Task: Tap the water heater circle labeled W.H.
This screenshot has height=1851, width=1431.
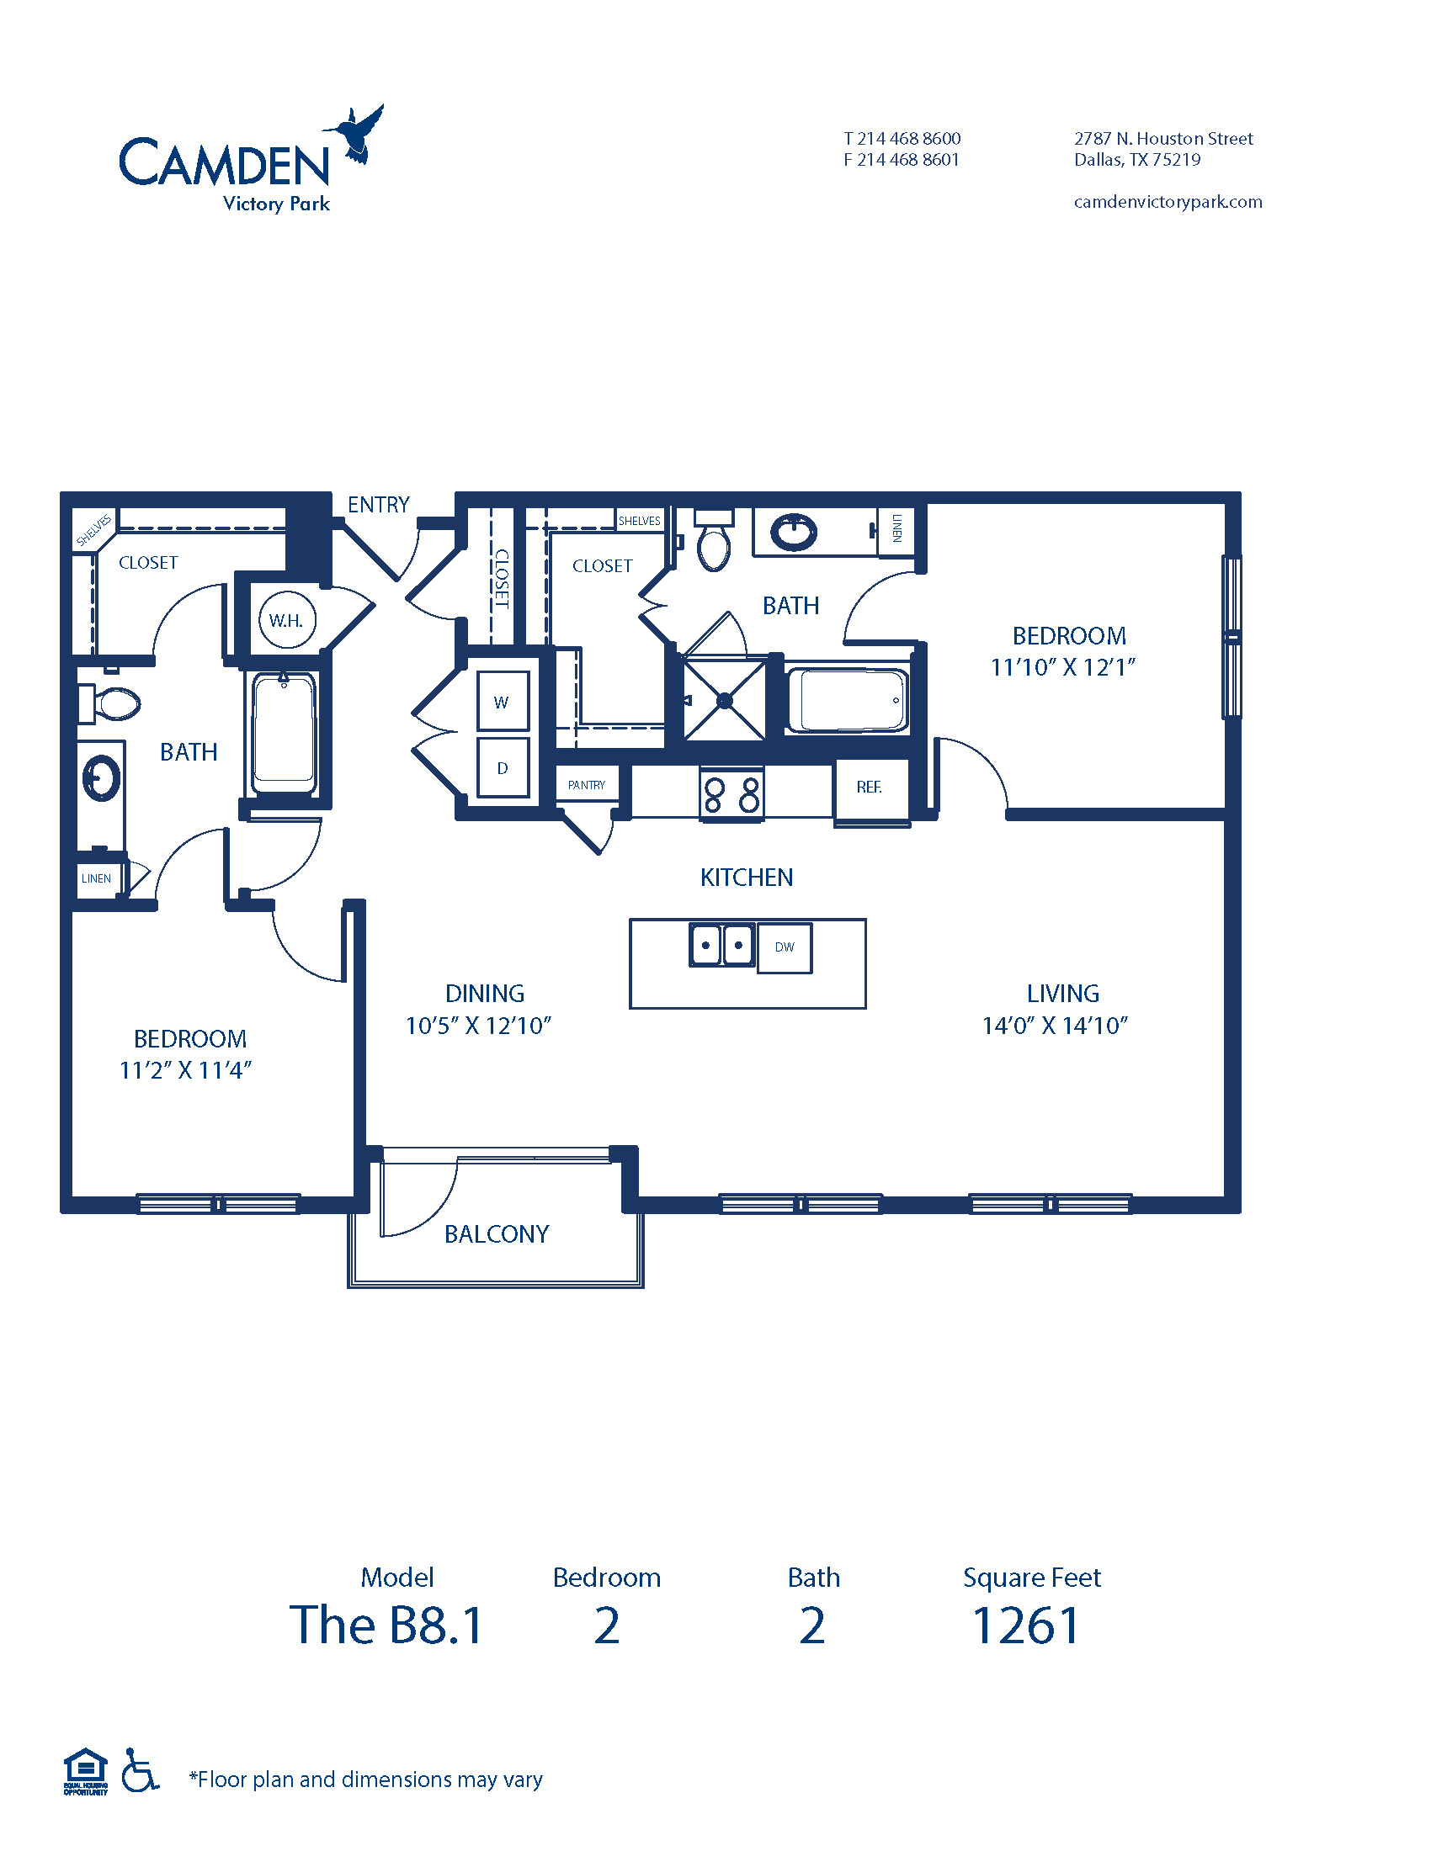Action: pos(287,619)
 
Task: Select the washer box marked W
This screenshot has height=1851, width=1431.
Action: pos(503,701)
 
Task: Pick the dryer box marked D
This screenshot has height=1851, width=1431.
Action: pos(503,768)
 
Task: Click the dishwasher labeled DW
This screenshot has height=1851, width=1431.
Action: pos(785,947)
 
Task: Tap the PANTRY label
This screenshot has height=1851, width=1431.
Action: pos(587,785)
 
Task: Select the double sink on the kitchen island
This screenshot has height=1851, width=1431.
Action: pos(721,944)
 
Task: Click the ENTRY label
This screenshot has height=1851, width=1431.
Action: pos(378,505)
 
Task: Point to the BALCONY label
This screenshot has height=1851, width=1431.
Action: pos(497,1234)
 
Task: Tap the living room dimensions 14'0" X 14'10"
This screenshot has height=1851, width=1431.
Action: pos(1055,1026)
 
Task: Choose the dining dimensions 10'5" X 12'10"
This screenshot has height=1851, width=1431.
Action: pos(478,1026)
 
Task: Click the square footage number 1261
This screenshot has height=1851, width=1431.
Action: pos(1026,1626)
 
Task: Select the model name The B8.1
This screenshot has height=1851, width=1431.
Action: pos(386,1626)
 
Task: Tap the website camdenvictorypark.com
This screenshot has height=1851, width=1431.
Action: pos(1168,202)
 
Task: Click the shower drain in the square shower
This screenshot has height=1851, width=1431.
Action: pos(725,701)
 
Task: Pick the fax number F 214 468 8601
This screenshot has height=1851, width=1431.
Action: pos(902,159)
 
